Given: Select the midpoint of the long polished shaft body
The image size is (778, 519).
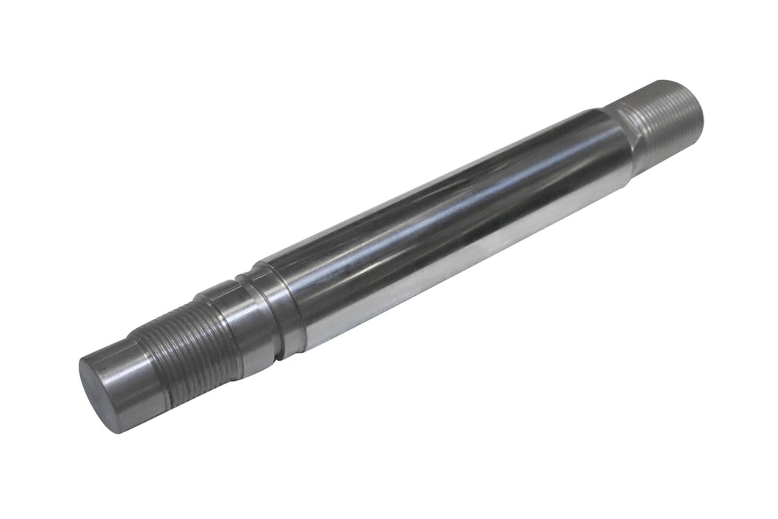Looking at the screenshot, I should (x=445, y=222).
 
